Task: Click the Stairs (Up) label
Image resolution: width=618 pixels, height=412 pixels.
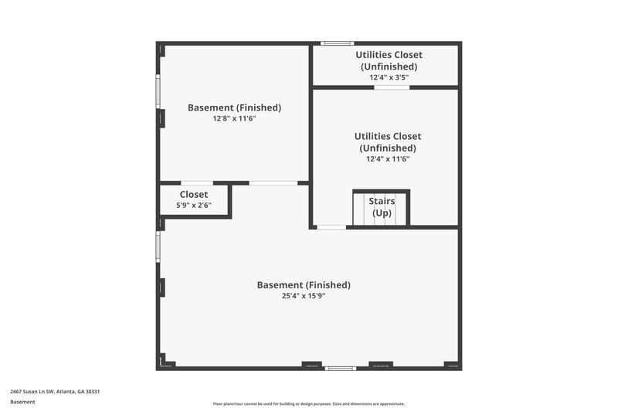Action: click(x=382, y=207)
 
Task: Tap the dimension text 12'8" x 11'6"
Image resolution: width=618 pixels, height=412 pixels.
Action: click(x=234, y=119)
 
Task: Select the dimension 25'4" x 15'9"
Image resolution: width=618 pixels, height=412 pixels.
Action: click(x=303, y=296)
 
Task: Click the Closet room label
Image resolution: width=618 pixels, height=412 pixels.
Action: click(x=194, y=195)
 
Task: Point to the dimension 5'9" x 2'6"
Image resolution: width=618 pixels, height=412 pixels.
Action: click(x=194, y=206)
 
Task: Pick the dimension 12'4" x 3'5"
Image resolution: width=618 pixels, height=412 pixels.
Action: click(x=389, y=77)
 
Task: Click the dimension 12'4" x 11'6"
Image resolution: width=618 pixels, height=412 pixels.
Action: click(x=388, y=159)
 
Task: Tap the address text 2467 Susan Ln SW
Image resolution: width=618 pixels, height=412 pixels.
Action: click(x=55, y=391)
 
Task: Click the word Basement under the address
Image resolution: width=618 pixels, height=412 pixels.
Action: click(x=22, y=402)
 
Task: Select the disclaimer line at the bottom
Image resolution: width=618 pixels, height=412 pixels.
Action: click(x=309, y=403)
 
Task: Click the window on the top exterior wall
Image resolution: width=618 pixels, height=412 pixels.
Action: click(x=338, y=43)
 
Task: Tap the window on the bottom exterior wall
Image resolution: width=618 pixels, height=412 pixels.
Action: click(x=340, y=369)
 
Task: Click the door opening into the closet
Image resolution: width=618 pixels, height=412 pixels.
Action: click(x=196, y=183)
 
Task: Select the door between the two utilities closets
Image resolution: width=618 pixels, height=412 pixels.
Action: click(x=392, y=87)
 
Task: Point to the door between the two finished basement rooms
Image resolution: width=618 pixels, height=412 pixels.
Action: click(x=273, y=183)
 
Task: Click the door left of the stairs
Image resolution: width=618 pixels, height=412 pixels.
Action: click(x=331, y=227)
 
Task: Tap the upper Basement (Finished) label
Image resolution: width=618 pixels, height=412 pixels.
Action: click(x=234, y=107)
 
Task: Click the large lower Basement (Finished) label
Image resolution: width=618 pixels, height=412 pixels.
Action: click(x=303, y=284)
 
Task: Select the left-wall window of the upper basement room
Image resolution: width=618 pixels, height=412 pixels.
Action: click(x=158, y=92)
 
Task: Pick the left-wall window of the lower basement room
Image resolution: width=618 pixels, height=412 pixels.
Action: click(x=158, y=247)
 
